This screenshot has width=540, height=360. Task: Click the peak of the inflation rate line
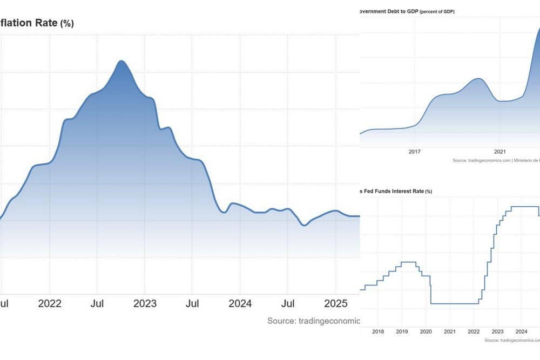[x=122, y=61]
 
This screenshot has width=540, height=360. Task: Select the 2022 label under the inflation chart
[x=50, y=303]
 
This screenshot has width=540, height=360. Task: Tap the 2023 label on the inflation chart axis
[x=145, y=303]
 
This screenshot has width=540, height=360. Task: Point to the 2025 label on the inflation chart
[x=335, y=303]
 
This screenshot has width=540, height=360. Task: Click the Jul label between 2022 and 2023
[x=97, y=303]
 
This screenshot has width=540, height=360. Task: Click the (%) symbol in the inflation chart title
[x=67, y=23]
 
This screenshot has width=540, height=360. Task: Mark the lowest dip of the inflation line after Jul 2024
[x=305, y=225]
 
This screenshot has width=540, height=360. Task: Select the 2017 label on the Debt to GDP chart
[x=415, y=152]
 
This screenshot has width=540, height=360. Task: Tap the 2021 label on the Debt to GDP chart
[x=500, y=152]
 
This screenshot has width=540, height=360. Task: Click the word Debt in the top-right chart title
[x=402, y=11]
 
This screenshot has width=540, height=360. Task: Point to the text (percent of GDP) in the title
[x=437, y=11]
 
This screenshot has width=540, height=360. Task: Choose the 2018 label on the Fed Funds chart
[x=378, y=331]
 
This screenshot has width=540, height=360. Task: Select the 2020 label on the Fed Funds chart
[x=426, y=331]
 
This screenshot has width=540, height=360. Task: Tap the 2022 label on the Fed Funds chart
[x=474, y=331]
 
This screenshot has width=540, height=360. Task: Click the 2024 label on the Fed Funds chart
[x=522, y=331]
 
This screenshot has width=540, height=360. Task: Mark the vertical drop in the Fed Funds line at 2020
[x=431, y=291]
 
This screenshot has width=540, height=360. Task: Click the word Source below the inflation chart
[x=281, y=321]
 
